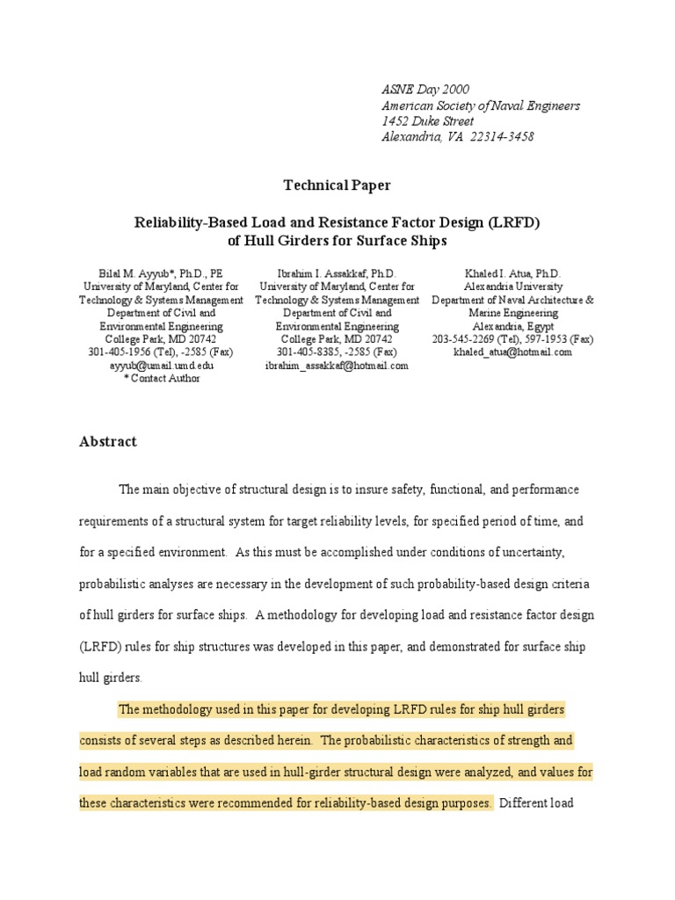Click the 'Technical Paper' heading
click(x=337, y=185)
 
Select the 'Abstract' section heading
click(x=108, y=442)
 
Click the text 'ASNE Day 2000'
click(x=425, y=90)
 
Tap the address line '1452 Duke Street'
click(x=427, y=121)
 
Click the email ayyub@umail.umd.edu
click(x=162, y=366)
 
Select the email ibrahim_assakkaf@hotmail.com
click(x=337, y=366)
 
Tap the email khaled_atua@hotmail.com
click(x=512, y=352)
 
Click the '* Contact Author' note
click(x=162, y=379)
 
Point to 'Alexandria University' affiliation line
click(x=512, y=287)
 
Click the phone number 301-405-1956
click(x=120, y=352)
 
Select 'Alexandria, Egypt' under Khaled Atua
click(x=512, y=326)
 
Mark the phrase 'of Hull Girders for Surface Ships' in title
click(x=337, y=240)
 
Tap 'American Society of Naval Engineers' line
click(x=480, y=105)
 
